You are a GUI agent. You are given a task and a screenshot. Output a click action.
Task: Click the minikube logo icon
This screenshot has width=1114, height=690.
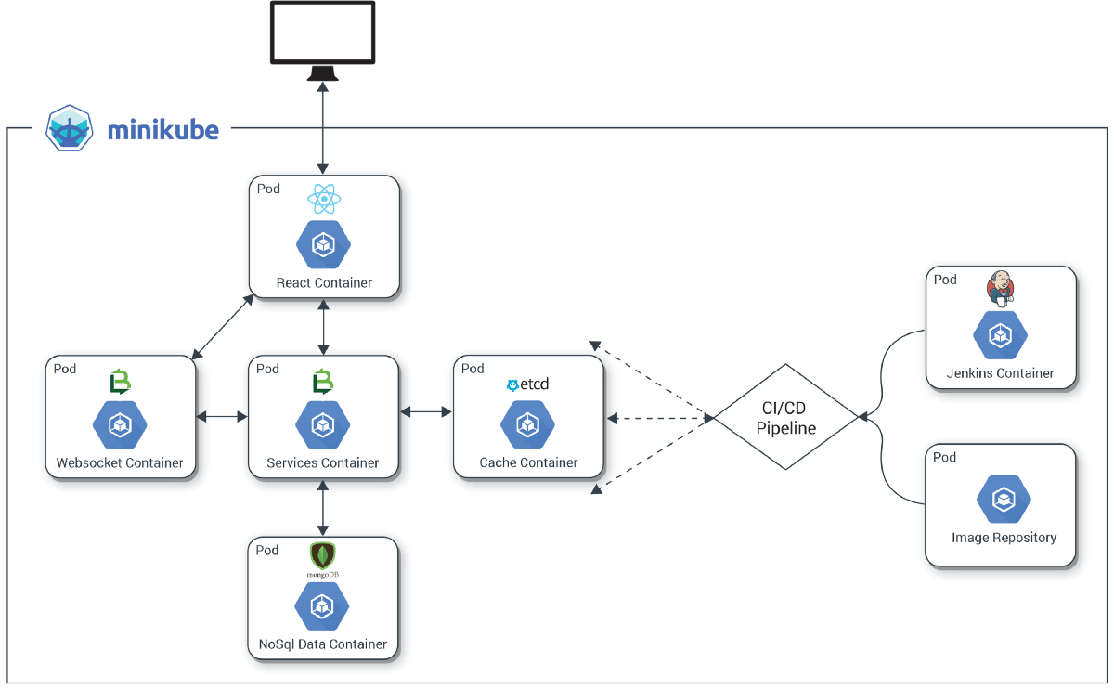coord(71,128)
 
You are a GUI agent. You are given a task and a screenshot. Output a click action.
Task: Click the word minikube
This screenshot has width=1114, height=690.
coord(162,130)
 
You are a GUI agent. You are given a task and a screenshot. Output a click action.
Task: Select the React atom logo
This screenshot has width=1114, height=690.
coord(323,198)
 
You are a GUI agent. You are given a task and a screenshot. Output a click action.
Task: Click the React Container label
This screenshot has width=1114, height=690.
coord(324,282)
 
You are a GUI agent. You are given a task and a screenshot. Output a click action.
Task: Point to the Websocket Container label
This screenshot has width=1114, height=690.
coord(120,462)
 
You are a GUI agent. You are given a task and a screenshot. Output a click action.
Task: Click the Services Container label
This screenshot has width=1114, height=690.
coord(323,462)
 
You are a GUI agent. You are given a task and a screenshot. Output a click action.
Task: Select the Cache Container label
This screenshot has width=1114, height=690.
coord(528,462)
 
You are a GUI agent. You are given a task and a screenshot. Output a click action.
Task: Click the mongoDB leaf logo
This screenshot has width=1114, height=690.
coord(322,556)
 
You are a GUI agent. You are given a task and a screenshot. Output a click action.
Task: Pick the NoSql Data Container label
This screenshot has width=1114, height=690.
coord(323,644)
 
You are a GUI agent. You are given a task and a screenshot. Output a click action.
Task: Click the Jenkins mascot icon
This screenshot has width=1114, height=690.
coord(1000,289)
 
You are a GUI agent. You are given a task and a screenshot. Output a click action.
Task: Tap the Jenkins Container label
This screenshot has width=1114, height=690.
coord(1000,372)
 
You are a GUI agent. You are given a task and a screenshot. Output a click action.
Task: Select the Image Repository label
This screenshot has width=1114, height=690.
coord(1004,537)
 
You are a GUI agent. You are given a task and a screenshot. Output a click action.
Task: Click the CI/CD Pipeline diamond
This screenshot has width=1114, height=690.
coord(785,417)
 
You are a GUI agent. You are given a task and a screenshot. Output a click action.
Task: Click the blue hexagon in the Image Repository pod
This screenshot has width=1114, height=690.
coord(1004,500)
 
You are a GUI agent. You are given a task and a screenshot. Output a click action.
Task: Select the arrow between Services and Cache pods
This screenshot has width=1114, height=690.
coord(425,410)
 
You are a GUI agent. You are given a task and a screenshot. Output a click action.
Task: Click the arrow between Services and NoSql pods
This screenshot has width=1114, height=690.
coord(323,508)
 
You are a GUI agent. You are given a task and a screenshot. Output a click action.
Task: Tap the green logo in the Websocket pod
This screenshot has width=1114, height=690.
coord(120,381)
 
